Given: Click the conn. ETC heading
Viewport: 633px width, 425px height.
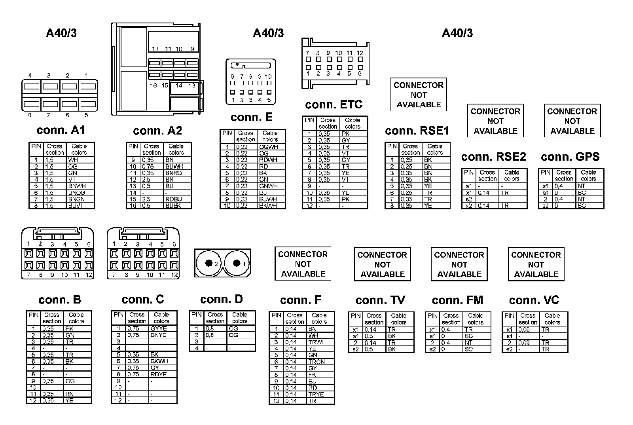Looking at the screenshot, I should (334, 104).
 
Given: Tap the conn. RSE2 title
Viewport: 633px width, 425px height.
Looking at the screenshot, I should (493, 157).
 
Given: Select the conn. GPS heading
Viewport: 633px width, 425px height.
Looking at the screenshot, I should (570, 157).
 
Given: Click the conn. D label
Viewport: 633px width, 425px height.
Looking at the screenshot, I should (221, 299).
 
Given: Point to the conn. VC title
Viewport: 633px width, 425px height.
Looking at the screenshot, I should (534, 300).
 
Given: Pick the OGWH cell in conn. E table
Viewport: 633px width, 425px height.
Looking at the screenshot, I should (269, 147).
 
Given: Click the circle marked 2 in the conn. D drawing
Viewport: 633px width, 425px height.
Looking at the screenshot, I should (208, 263).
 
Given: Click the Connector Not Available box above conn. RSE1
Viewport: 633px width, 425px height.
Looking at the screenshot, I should (419, 95).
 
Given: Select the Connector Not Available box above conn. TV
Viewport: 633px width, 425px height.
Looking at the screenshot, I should (382, 264).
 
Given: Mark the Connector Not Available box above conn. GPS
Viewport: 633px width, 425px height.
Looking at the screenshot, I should (572, 121).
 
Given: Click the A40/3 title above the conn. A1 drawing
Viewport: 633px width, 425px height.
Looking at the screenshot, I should (61, 33).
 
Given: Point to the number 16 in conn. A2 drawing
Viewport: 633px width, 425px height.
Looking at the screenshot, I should (154, 85).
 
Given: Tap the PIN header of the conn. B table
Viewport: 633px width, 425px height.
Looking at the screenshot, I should (33, 315).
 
